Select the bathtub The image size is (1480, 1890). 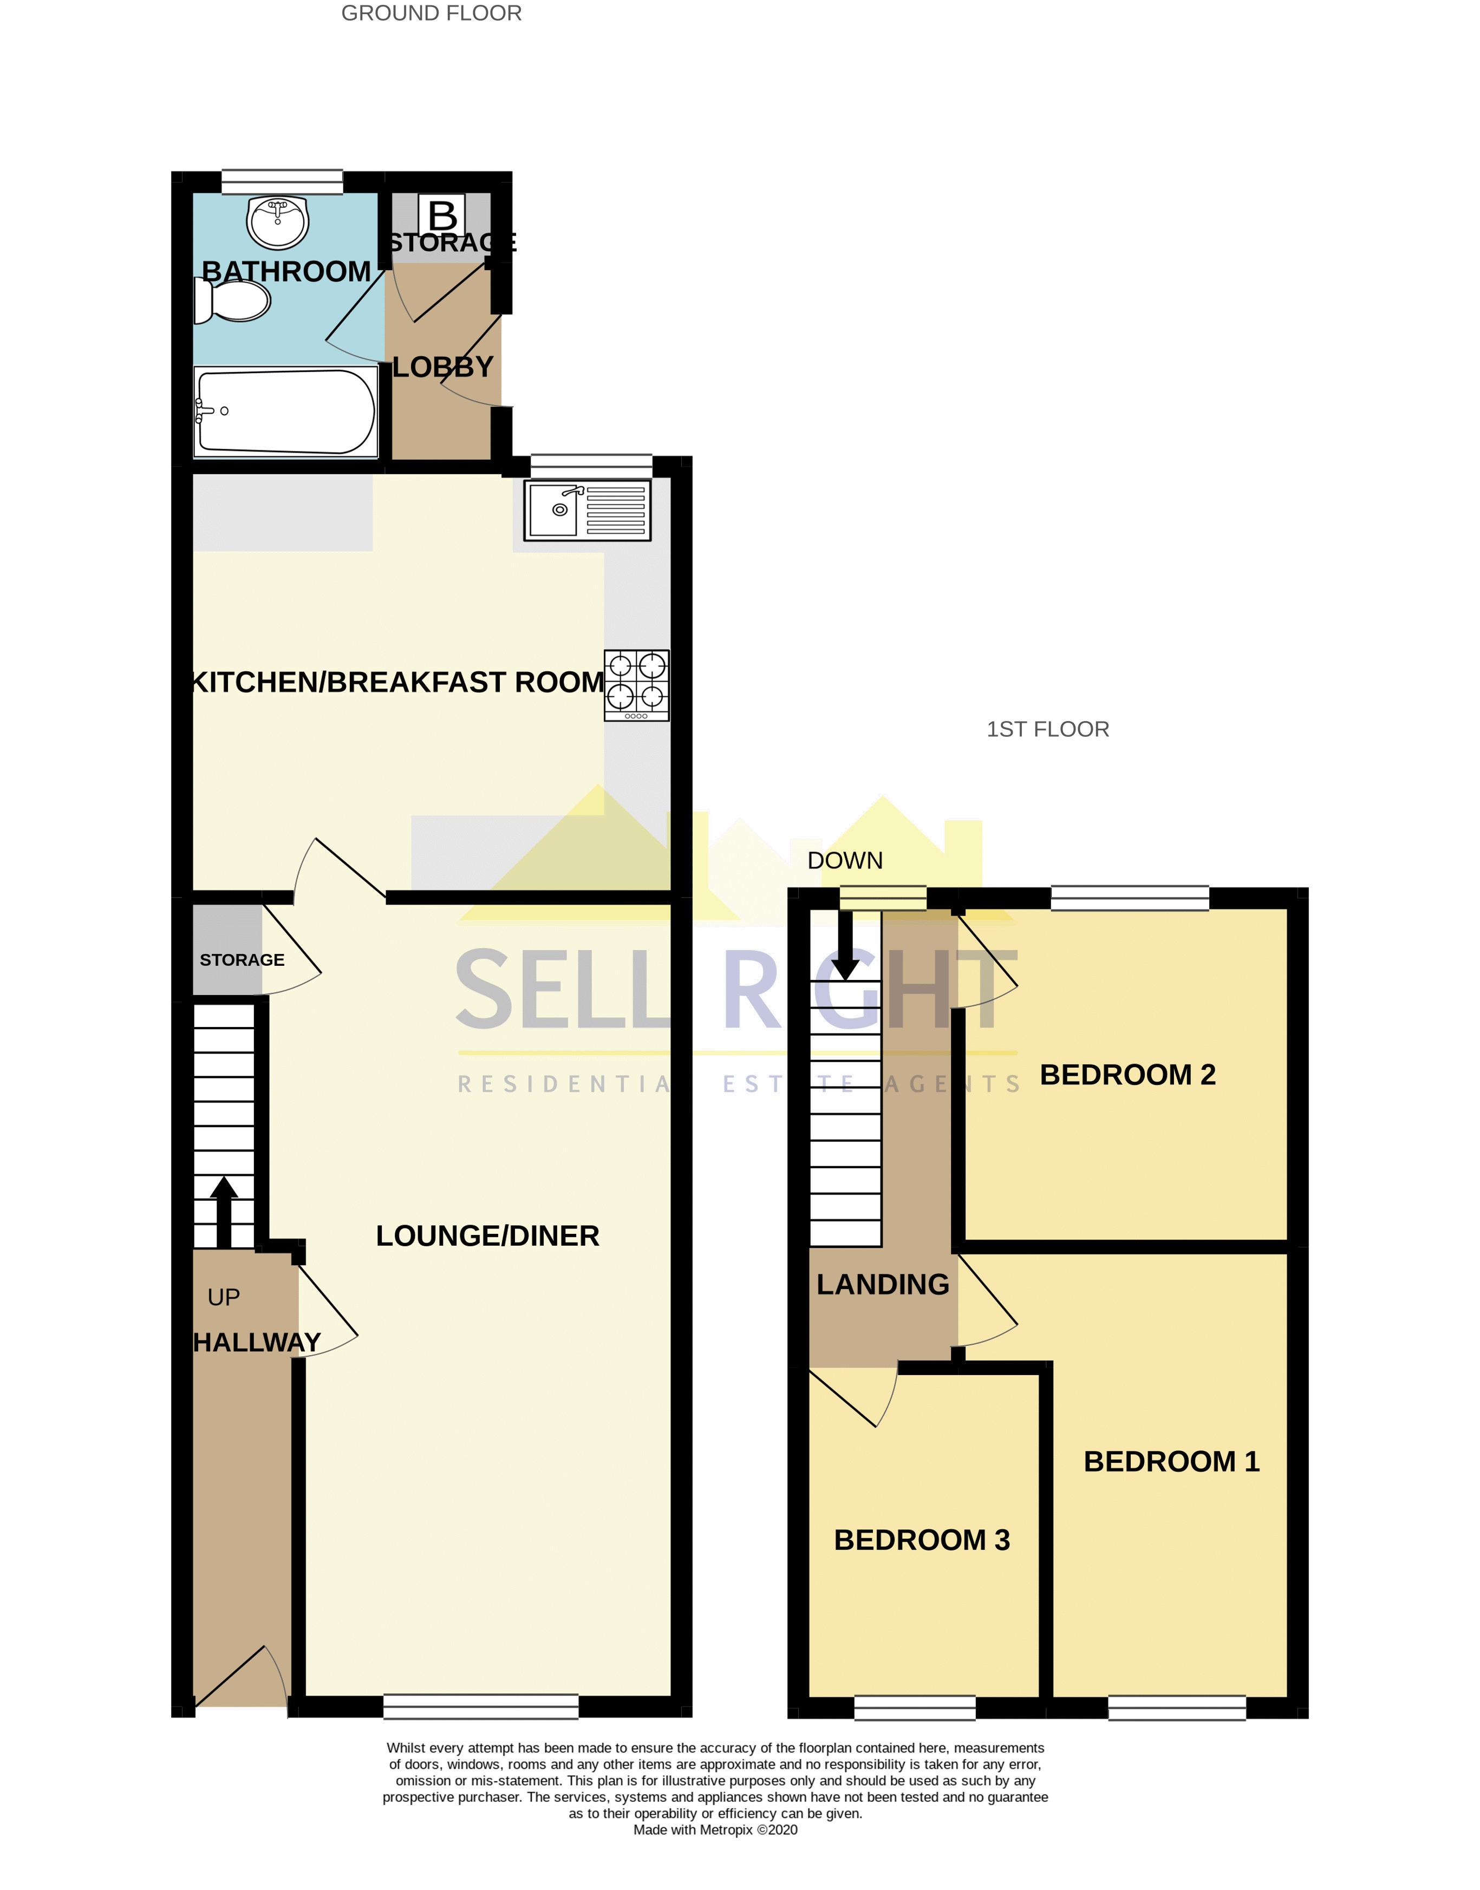click(x=286, y=411)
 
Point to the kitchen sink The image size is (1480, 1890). click(x=588, y=511)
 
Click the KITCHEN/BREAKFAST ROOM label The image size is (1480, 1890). click(x=397, y=683)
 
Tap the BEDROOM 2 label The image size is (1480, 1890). click(x=1127, y=1075)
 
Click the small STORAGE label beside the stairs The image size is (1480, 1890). click(x=242, y=960)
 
